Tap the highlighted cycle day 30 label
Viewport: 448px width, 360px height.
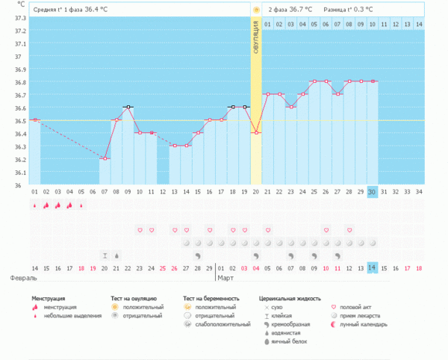click(x=372, y=192)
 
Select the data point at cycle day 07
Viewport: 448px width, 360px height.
click(x=105, y=158)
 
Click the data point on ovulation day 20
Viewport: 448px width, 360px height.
click(x=256, y=132)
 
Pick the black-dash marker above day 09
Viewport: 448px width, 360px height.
click(x=128, y=107)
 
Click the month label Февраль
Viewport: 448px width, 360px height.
click(x=23, y=278)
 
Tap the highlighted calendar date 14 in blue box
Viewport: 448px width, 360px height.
click(x=372, y=267)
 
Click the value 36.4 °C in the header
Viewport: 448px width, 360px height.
click(x=110, y=10)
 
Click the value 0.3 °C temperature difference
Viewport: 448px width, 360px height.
click(x=360, y=10)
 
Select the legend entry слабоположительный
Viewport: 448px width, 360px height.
click(x=223, y=325)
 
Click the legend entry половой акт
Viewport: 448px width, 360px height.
click(x=357, y=307)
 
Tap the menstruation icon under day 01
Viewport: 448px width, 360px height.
click(x=34, y=205)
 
